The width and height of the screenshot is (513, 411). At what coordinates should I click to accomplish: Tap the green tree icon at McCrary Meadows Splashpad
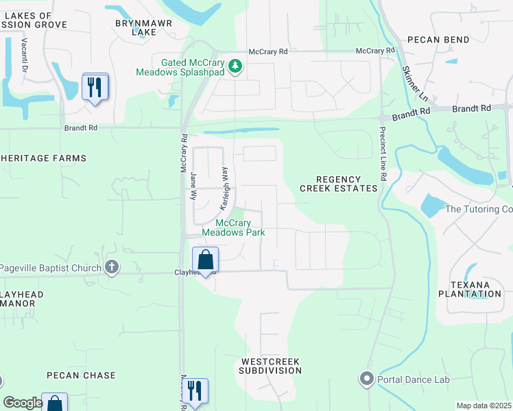[235, 66]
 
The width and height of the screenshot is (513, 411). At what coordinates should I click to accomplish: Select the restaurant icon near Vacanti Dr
[95, 87]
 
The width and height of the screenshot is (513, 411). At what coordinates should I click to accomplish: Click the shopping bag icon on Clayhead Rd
[205, 260]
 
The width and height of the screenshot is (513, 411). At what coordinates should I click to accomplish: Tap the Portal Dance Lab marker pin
[366, 378]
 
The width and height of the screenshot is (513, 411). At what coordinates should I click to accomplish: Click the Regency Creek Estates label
[338, 184]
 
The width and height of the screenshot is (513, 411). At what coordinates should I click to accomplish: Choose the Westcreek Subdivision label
[270, 365]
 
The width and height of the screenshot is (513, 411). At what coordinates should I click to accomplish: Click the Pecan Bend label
[438, 40]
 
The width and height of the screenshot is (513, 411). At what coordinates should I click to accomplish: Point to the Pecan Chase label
[81, 375]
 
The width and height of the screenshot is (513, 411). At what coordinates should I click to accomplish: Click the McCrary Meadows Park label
[233, 227]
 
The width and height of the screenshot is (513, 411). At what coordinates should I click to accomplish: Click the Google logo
[23, 403]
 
